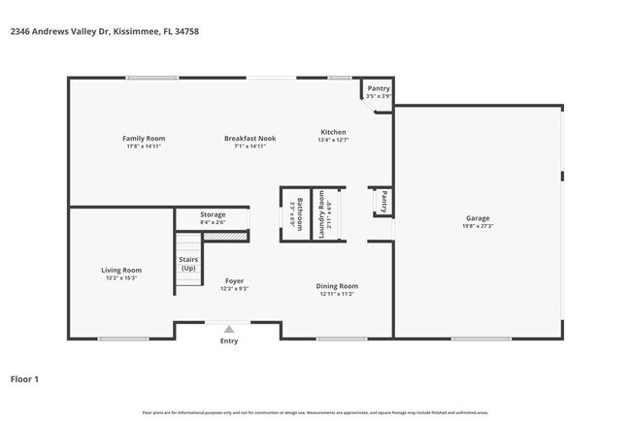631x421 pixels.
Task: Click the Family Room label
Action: (144, 139)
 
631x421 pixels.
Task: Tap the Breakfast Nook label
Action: (250, 139)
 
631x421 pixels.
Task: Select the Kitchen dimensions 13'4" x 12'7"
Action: (334, 141)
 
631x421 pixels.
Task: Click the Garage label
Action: (478, 218)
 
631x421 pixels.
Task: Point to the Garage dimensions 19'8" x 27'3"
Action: (478, 227)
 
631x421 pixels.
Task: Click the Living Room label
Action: (122, 270)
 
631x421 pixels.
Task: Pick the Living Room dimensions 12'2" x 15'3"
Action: (122, 278)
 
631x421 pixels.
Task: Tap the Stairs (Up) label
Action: (188, 264)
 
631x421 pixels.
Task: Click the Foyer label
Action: (234, 280)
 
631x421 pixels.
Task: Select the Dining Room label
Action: (338, 285)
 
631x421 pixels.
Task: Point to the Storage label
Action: (213, 214)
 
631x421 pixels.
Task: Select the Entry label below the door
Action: (229, 340)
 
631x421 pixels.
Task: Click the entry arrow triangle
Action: (229, 329)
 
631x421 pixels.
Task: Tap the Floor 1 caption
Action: (25, 378)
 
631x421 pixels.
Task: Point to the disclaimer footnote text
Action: (315, 412)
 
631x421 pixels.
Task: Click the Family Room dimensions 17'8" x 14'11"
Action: (144, 146)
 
